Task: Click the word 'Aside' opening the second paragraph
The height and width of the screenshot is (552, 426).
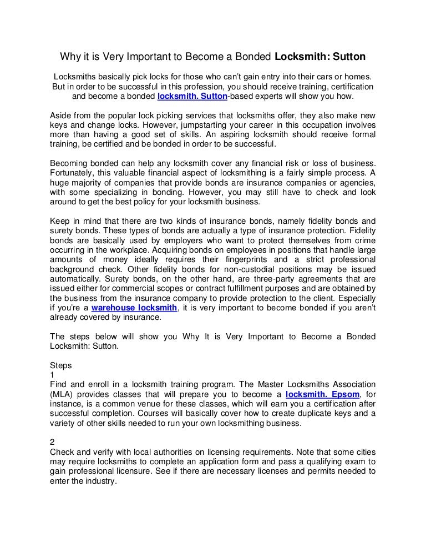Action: [x=61, y=116]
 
